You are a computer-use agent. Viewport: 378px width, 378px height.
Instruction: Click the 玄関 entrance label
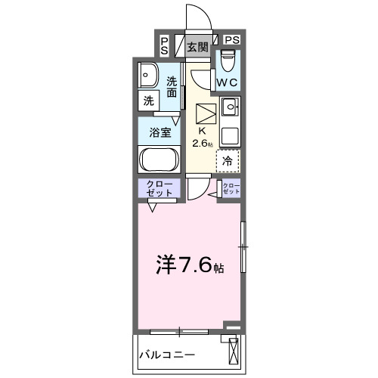point(197,47)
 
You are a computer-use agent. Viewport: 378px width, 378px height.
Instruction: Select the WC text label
point(228,82)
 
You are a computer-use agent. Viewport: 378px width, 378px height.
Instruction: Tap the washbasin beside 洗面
point(147,76)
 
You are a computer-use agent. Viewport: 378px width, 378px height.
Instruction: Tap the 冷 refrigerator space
point(228,160)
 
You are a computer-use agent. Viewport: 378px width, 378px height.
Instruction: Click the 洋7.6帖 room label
point(190,265)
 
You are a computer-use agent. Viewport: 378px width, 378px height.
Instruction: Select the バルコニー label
point(167,354)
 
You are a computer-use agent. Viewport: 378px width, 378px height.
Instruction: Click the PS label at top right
point(232,39)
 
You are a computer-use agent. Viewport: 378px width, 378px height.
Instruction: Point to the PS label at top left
point(165,45)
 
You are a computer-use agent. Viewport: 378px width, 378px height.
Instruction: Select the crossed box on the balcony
point(233,352)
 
